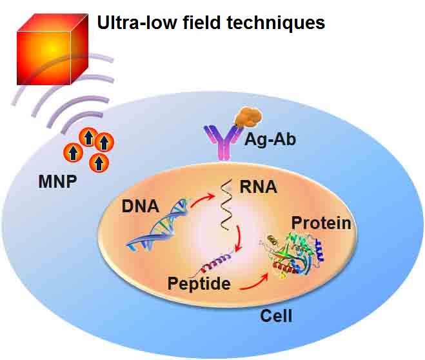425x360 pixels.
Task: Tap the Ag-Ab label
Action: pos(270,139)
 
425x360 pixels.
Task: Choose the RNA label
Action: pos(257,187)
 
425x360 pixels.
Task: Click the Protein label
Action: pos(321,223)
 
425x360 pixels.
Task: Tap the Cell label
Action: pos(276,316)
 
